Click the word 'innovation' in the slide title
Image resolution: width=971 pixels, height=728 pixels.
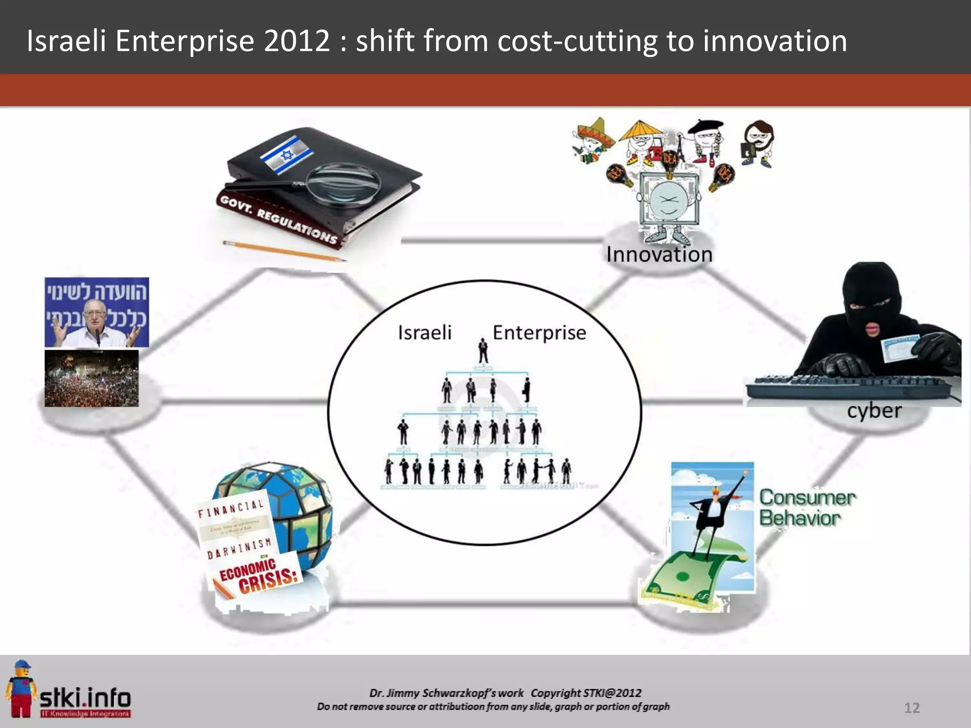pyautogui.click(x=775, y=41)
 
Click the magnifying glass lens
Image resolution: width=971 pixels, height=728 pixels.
pyautogui.click(x=343, y=183)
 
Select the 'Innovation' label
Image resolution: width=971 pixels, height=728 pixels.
pyautogui.click(x=659, y=255)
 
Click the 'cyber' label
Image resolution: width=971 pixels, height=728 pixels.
pyautogui.click(x=874, y=411)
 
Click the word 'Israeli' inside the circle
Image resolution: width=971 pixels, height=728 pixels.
pyautogui.click(x=424, y=333)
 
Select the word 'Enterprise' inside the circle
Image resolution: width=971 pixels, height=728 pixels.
pyautogui.click(x=539, y=333)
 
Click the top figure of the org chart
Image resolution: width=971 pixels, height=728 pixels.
pyautogui.click(x=483, y=351)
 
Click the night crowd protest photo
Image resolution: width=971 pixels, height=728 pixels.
pyautogui.click(x=92, y=378)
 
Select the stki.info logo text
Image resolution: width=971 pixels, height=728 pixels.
pyautogui.click(x=85, y=698)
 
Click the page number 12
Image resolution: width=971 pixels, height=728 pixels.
pyautogui.click(x=912, y=708)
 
